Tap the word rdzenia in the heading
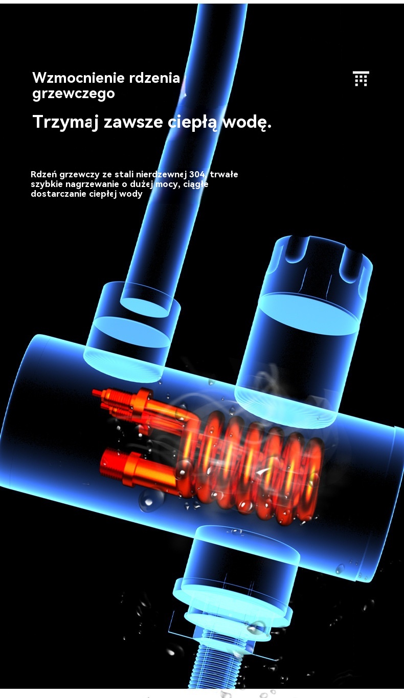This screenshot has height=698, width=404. [x=154, y=78]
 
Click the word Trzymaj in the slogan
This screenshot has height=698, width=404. [x=65, y=122]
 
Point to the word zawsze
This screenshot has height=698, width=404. [x=133, y=122]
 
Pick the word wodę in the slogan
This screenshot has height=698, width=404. [x=246, y=122]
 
